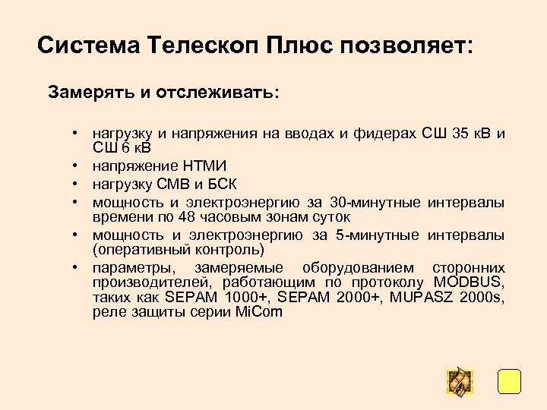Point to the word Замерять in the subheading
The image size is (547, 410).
pos(90,93)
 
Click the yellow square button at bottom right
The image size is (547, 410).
pos(508,381)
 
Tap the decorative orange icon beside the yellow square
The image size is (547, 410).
pos(460,382)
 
